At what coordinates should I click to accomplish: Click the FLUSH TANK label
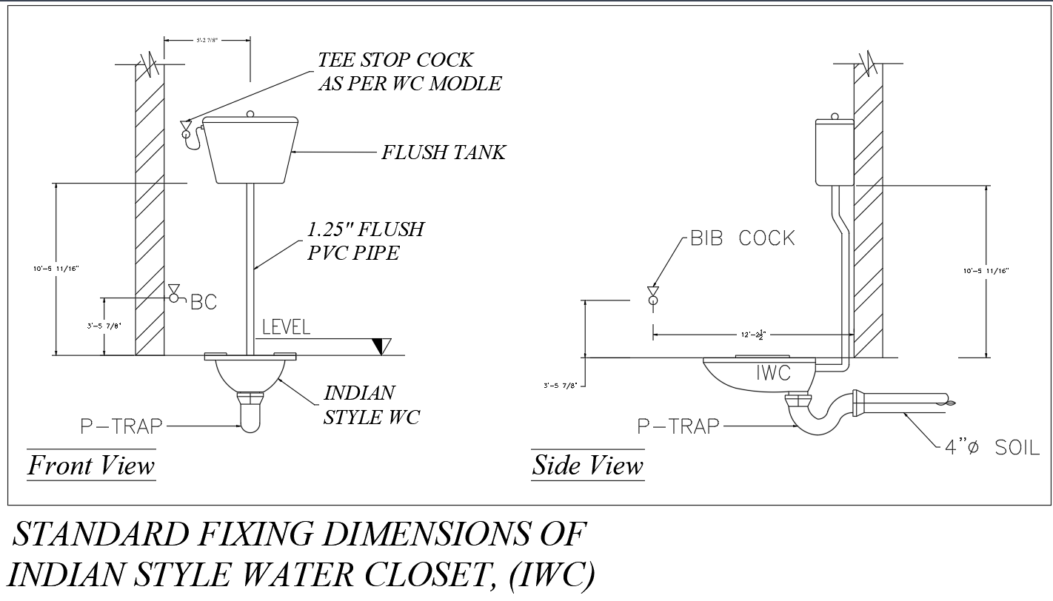click(x=443, y=152)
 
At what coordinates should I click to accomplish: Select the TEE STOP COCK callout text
click(x=409, y=71)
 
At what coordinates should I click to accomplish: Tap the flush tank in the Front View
click(x=250, y=150)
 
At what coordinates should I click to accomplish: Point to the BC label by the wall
click(x=204, y=302)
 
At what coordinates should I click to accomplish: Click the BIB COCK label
click(x=742, y=238)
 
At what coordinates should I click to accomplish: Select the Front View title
click(x=91, y=466)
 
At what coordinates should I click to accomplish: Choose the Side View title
click(x=588, y=466)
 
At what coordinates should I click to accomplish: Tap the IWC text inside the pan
click(x=773, y=373)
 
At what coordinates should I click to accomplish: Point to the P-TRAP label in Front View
click(x=122, y=426)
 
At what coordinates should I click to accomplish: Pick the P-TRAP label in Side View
click(x=678, y=426)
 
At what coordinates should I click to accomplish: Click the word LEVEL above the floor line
click(x=287, y=326)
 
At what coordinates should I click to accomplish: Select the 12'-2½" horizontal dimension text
click(x=752, y=335)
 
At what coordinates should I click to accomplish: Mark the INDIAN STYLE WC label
click(x=371, y=405)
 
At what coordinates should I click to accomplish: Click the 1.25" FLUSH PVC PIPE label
click(x=366, y=241)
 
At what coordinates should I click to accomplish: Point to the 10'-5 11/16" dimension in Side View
click(x=986, y=272)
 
